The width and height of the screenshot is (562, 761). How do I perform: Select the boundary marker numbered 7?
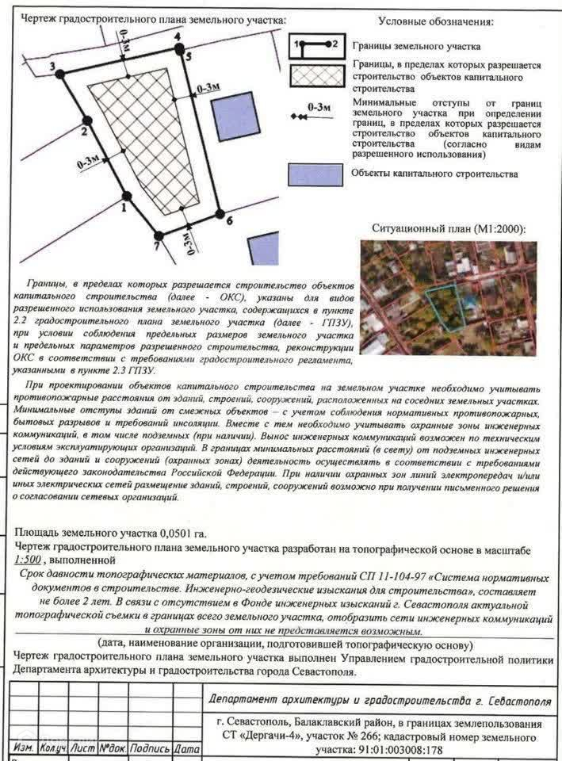pos(159,235)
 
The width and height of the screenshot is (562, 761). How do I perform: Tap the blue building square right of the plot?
pos(235,116)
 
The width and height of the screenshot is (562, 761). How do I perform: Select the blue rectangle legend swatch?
pos(315,174)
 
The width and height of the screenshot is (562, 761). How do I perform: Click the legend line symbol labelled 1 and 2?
pos(315,44)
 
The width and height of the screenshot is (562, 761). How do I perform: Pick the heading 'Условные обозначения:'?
pos(435,21)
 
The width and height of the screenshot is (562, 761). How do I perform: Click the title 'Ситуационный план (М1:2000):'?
pos(449,228)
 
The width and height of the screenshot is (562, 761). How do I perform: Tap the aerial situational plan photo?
pos(448,297)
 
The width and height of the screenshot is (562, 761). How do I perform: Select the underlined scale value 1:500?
pos(30,560)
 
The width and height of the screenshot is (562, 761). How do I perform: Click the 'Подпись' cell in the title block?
pos(150,748)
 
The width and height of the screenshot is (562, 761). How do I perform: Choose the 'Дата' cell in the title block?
pos(186,748)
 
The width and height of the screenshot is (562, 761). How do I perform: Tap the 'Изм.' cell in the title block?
pos(23,748)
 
